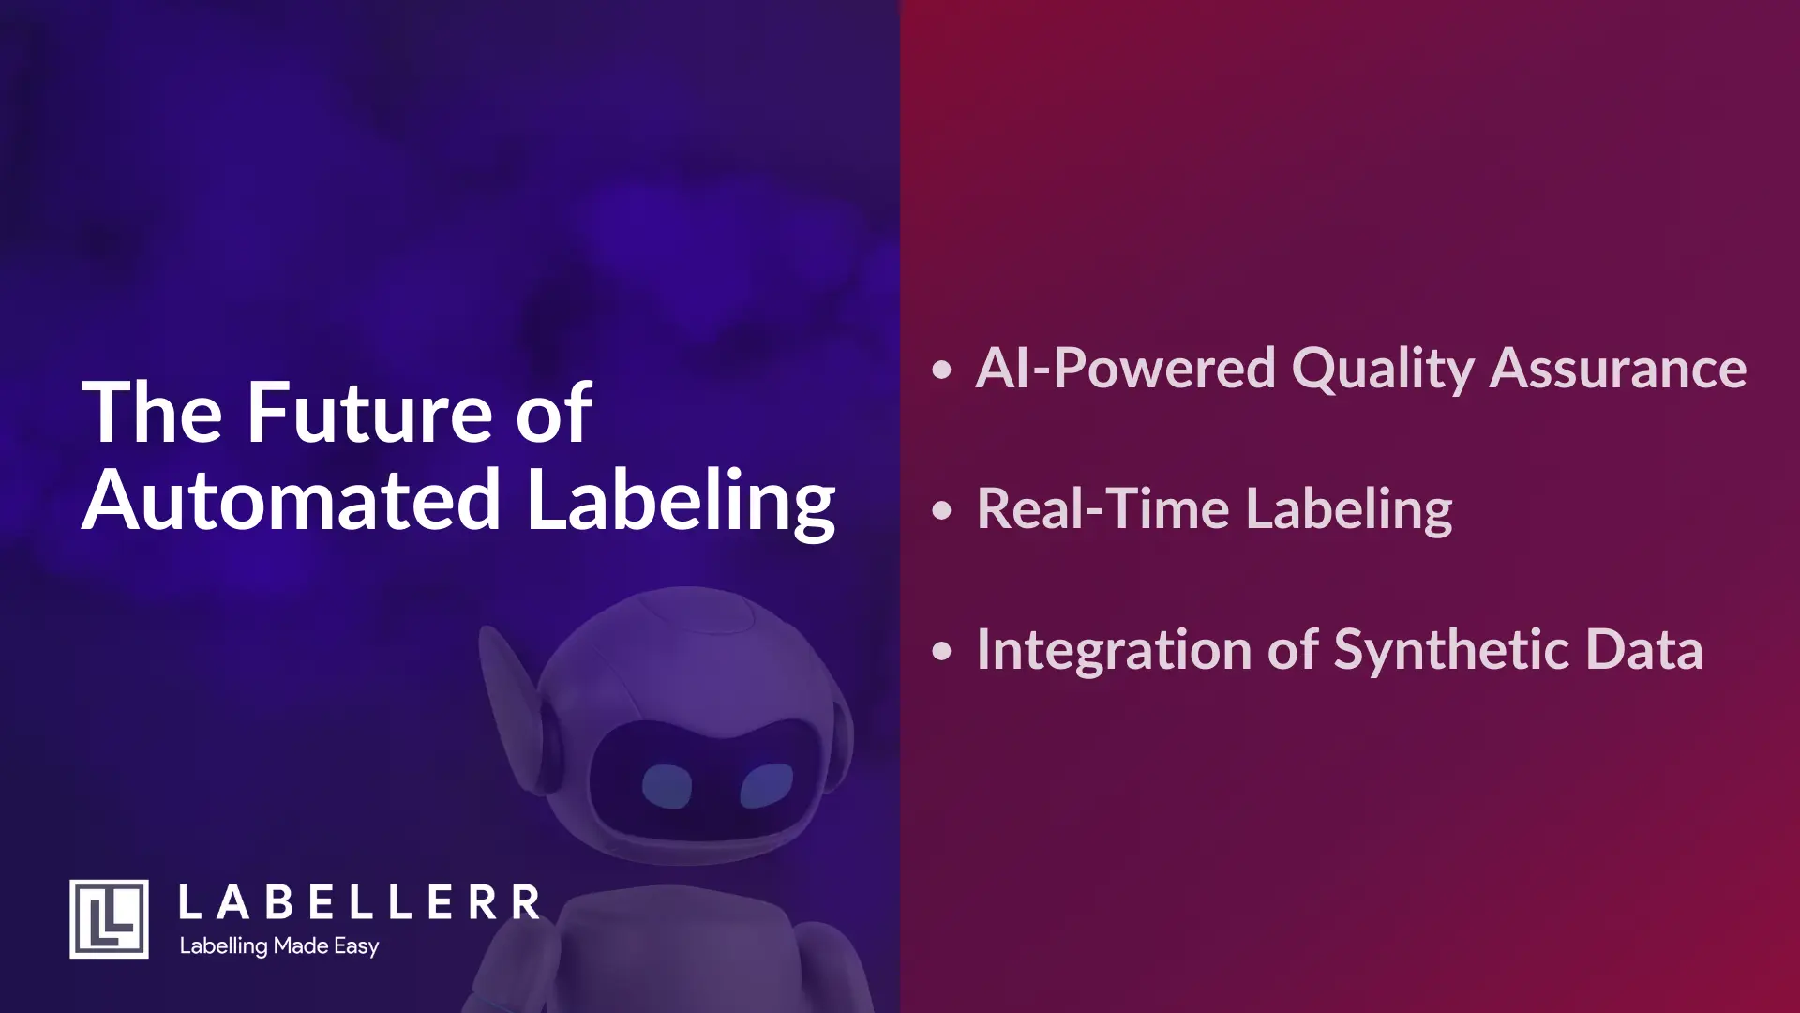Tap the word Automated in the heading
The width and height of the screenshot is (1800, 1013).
(x=292, y=500)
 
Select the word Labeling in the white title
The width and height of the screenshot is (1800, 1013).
(x=681, y=502)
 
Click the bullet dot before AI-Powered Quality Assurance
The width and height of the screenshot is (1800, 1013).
(x=942, y=369)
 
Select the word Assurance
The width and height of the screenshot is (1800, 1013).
(x=1618, y=368)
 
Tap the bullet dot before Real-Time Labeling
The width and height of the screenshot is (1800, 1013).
(x=942, y=510)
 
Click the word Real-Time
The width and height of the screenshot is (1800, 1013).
(x=1102, y=509)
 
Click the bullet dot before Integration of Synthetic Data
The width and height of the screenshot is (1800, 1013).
(x=942, y=651)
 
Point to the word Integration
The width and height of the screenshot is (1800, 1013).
(x=1114, y=650)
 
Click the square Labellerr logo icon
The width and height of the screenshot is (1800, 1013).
(x=109, y=919)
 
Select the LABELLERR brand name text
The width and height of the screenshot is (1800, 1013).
(x=359, y=903)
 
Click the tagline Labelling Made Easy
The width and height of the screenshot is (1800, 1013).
(x=279, y=946)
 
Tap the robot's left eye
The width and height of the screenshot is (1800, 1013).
(x=667, y=786)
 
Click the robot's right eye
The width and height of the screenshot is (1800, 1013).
(x=766, y=784)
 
